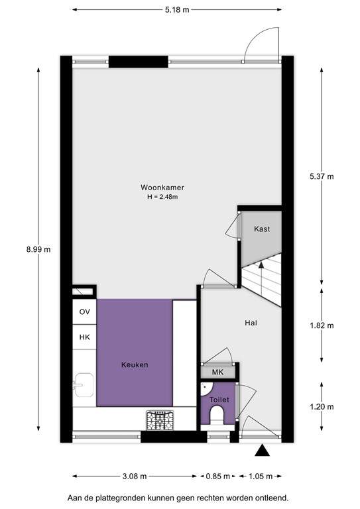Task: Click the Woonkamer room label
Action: pyautogui.click(x=162, y=187)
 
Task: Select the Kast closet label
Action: pyautogui.click(x=262, y=229)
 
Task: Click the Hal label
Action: pyautogui.click(x=251, y=323)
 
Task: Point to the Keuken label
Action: pyautogui.click(x=135, y=365)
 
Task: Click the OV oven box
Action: pyautogui.click(x=84, y=311)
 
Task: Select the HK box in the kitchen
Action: pyautogui.click(x=84, y=337)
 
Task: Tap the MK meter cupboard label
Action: pyautogui.click(x=217, y=372)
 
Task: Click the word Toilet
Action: pyautogui.click(x=219, y=400)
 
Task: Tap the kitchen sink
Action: pyautogui.click(x=84, y=384)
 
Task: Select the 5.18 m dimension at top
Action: pyautogui.click(x=176, y=10)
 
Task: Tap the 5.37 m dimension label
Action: pyautogui.click(x=322, y=176)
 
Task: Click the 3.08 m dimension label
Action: pyautogui.click(x=135, y=476)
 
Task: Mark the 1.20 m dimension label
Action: pyautogui.click(x=322, y=406)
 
